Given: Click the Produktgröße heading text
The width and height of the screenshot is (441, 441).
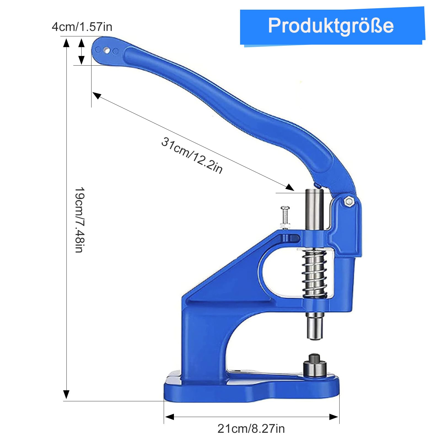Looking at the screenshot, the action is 331,26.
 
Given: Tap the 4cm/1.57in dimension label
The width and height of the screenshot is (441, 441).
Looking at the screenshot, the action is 82,27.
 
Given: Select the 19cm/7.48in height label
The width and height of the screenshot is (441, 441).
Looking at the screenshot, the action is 80,220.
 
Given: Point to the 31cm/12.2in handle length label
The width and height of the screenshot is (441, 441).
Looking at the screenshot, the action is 192,155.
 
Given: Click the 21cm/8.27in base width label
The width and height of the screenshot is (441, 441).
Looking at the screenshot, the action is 251,429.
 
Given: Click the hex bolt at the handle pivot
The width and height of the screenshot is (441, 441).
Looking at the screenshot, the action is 349,201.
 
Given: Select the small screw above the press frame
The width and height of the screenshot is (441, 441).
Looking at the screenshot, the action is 285,217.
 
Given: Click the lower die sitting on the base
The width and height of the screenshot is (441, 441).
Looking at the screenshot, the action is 315,366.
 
